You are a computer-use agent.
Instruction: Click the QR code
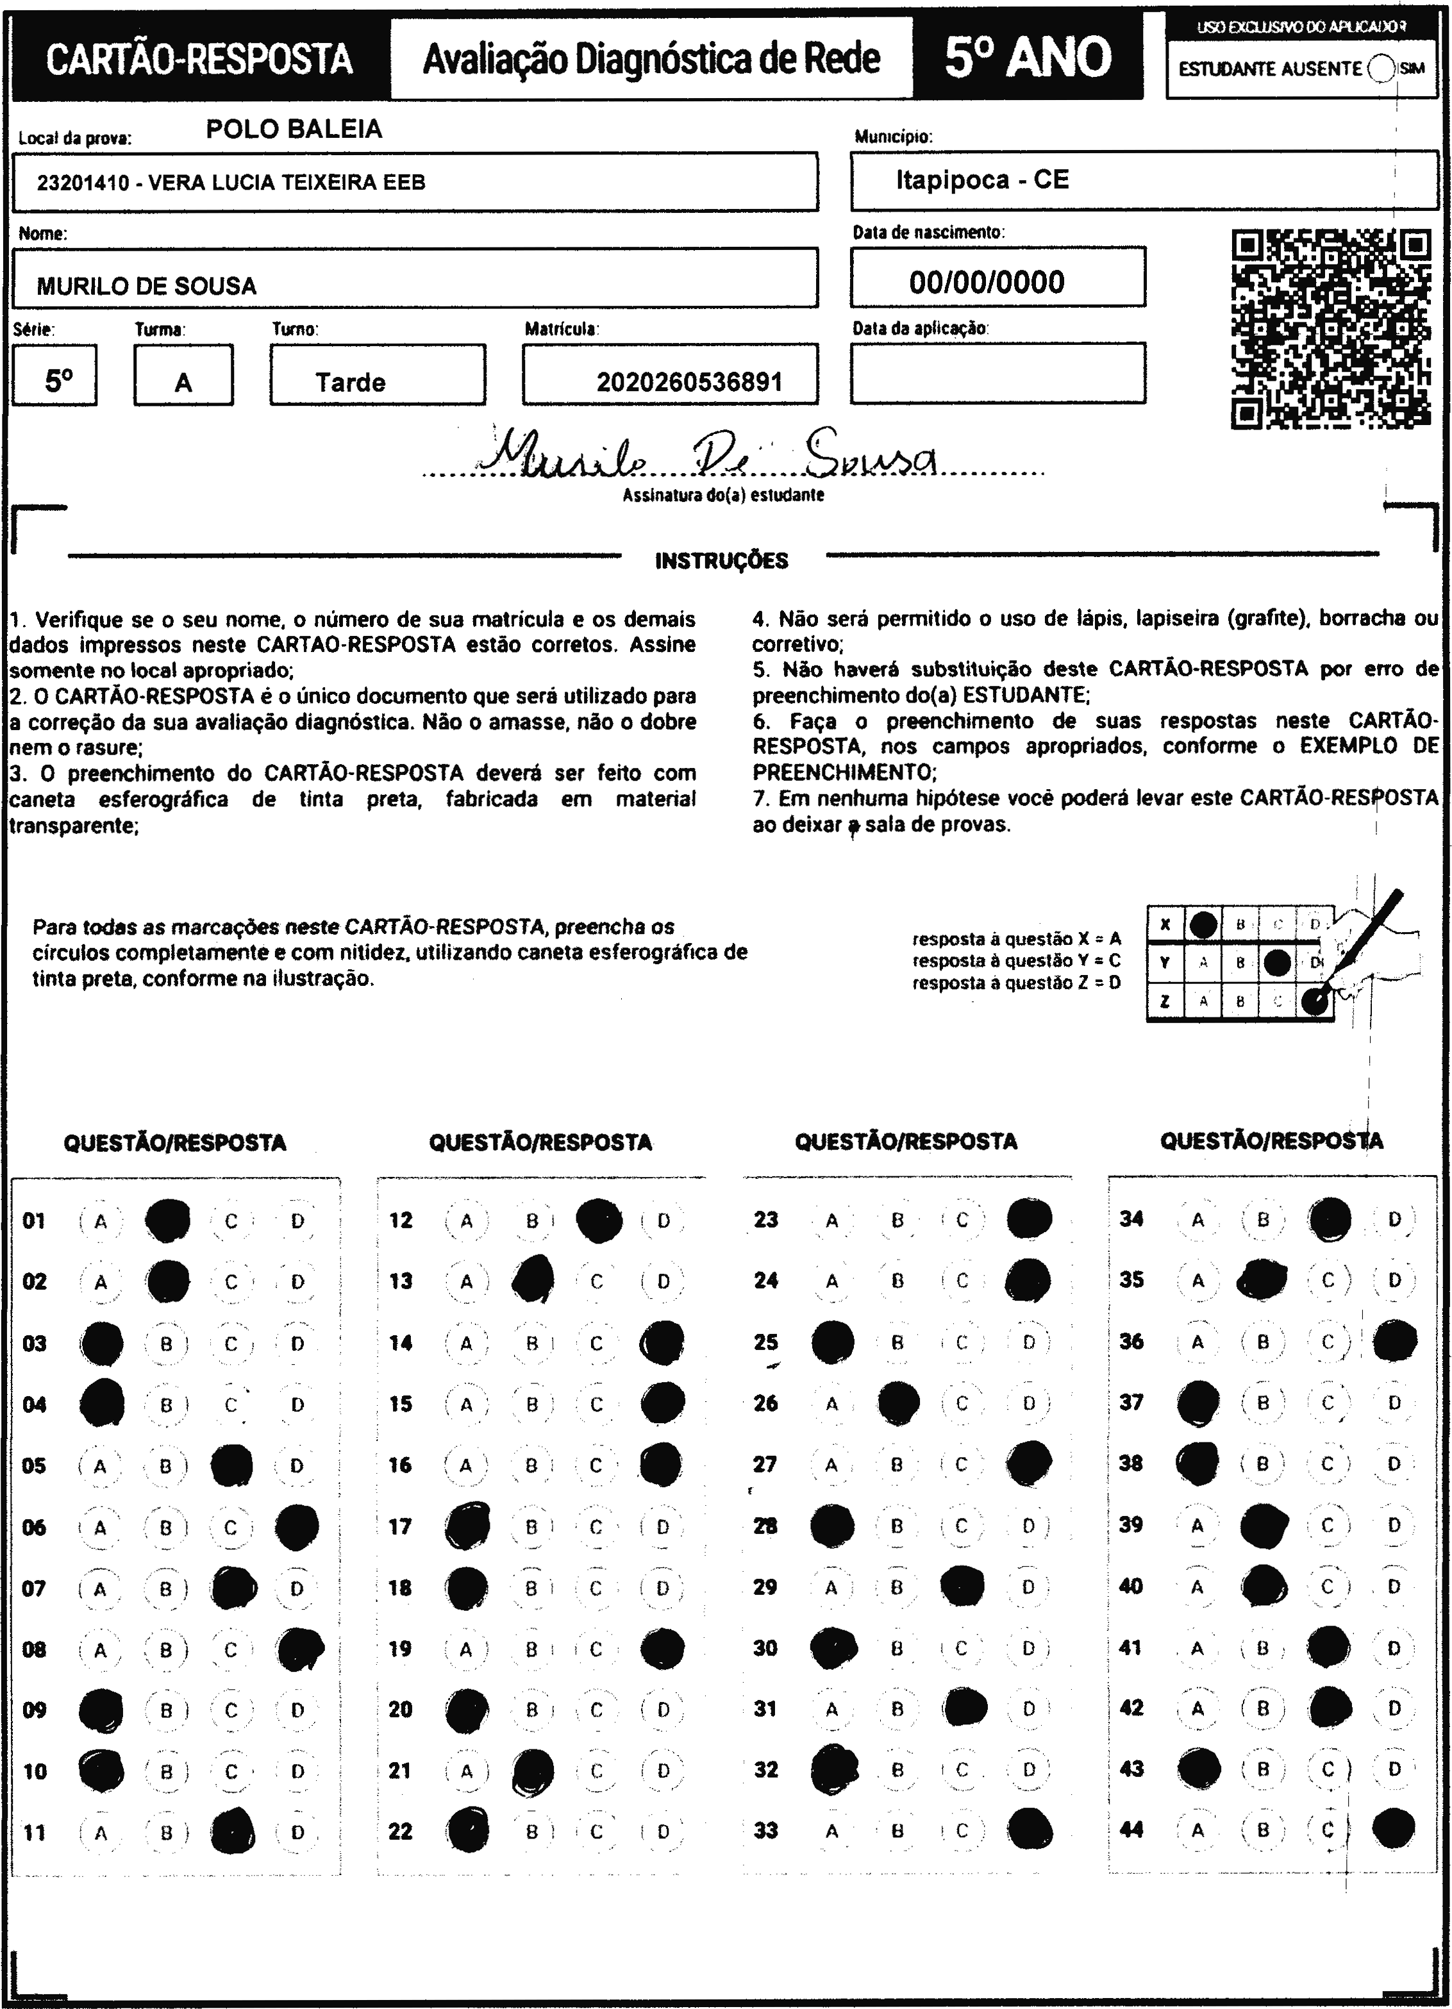pyautogui.click(x=1331, y=329)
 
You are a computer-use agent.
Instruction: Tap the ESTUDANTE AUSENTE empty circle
pyautogui.click(x=1381, y=68)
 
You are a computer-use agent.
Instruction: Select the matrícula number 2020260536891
pyautogui.click(x=689, y=382)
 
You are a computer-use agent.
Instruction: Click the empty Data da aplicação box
pyautogui.click(x=997, y=373)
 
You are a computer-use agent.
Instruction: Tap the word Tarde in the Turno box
pyautogui.click(x=351, y=383)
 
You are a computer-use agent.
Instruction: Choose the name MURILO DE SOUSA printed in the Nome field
pyautogui.click(x=147, y=286)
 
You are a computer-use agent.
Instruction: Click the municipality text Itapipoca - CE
pyautogui.click(x=983, y=180)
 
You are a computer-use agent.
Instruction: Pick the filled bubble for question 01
pyautogui.click(x=167, y=1221)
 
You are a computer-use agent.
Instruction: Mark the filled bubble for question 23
pyautogui.click(x=1030, y=1218)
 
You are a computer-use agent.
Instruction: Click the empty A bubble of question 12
pyautogui.click(x=467, y=1221)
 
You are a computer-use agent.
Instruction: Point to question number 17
pyautogui.click(x=401, y=1526)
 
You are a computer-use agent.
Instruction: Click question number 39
pyautogui.click(x=1131, y=1524)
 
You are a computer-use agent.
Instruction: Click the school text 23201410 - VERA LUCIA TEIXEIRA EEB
pyautogui.click(x=231, y=183)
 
